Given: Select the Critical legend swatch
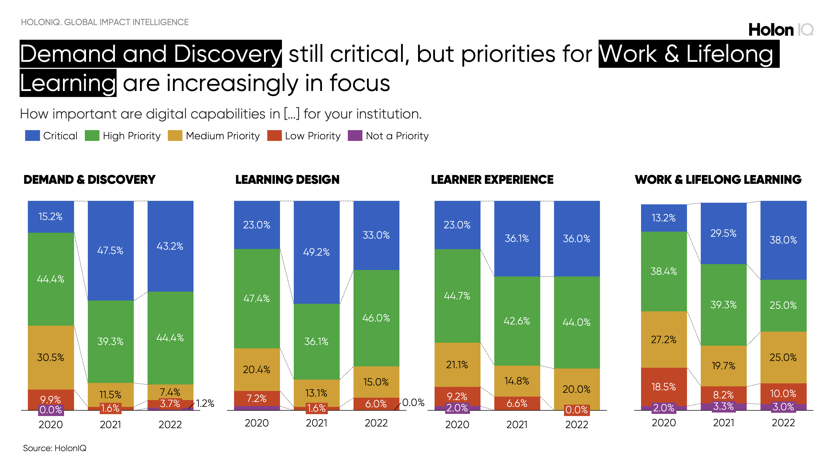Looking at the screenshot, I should tap(32, 136).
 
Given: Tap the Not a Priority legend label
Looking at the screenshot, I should tap(397, 136).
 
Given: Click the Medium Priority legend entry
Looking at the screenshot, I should tap(214, 136).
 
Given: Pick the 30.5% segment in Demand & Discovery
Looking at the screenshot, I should tap(51, 357).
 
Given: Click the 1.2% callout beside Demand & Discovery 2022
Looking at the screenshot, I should tap(205, 403).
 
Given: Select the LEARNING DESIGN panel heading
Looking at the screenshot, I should tap(287, 180).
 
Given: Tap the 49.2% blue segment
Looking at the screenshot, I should tap(316, 252).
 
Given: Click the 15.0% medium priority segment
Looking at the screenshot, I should tap(376, 382).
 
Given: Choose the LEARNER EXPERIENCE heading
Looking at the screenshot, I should tap(492, 180).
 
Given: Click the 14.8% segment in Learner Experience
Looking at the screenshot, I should tap(517, 381).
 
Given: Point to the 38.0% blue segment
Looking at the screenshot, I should tap(783, 240).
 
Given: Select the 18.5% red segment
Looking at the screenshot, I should tap(663, 387).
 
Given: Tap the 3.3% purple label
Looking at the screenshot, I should tap(723, 406).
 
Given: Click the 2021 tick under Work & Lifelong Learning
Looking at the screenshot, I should tap(723, 423).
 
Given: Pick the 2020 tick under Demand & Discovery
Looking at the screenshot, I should tap(51, 424).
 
